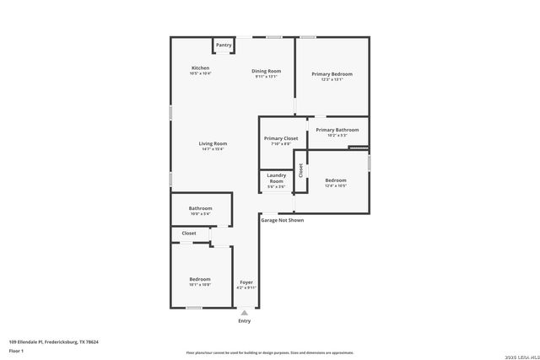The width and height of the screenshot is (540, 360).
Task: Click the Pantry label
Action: coord(224,45)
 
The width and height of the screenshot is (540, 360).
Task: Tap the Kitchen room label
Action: coord(200,67)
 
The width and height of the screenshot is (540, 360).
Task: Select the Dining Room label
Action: coord(267,71)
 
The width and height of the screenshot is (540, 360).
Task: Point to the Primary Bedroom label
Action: coord(332,74)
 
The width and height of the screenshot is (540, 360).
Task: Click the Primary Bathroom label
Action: coord(337,130)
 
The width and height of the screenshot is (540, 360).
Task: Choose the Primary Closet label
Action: coord(280,138)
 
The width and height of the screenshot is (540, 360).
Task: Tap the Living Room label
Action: coord(212,143)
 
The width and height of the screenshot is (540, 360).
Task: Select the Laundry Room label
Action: coord(276,178)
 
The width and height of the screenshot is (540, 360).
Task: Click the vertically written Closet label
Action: coord(300,171)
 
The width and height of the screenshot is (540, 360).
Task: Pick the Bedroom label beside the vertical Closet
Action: coord(336,180)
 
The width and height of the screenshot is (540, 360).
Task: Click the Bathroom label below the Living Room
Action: coord(200,208)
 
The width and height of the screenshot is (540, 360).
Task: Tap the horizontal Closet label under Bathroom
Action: coord(189,233)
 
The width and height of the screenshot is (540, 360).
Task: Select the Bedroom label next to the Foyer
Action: coord(200,279)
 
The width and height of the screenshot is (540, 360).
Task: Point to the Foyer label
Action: coord(246,282)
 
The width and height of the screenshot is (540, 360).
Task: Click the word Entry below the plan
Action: coord(245,321)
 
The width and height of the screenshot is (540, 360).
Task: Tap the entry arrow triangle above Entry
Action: coord(245,312)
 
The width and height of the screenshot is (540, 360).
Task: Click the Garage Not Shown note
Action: coord(282,220)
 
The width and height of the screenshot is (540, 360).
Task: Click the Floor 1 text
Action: coord(16,350)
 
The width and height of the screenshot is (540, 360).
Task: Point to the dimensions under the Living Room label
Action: coord(212,149)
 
